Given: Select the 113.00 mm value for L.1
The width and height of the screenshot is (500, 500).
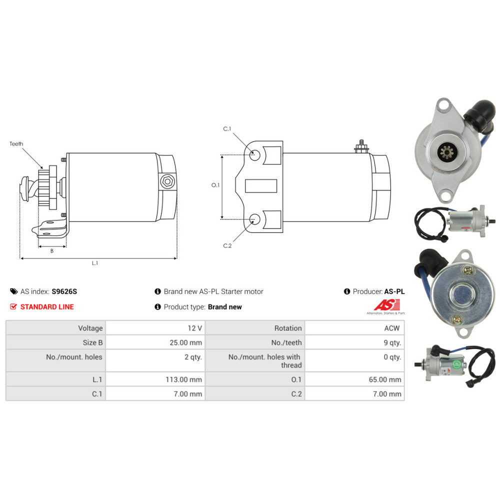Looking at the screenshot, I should pos(183,379).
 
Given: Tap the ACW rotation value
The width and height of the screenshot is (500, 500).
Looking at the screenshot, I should pos(393,328).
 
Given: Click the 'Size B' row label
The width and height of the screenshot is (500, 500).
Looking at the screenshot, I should pos(92,342).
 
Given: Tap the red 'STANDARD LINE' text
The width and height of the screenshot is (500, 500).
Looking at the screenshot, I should pos(47,306).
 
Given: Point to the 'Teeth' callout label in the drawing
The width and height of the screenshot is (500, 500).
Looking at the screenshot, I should pos(16,144).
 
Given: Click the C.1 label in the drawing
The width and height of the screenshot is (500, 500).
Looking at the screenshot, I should pos(227,129).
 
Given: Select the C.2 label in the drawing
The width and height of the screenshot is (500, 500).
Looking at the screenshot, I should pos(227,245).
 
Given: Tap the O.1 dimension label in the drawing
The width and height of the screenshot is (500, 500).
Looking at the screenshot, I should pos(215,185).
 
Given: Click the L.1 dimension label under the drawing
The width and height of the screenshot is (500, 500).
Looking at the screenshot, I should pos(95,263).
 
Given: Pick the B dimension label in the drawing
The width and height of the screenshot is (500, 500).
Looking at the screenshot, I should pos(51,251).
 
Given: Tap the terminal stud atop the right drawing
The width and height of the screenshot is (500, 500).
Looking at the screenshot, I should pos(360,146).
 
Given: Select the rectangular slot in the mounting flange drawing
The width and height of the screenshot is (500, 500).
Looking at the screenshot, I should pos(261,185).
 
